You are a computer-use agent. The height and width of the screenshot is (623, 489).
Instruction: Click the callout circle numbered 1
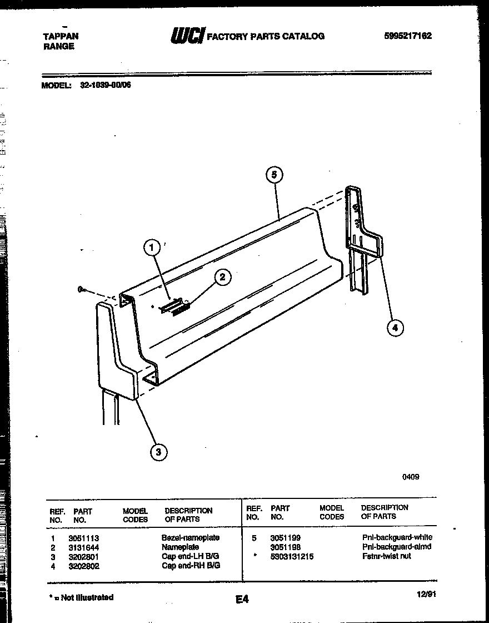point(151,248)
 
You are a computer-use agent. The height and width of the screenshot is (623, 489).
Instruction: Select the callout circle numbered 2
point(222,277)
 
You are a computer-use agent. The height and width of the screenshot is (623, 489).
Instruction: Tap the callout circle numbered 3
point(158,452)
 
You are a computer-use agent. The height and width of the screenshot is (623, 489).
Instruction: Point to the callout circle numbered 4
point(395,328)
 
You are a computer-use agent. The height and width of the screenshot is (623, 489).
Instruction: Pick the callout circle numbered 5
point(273,175)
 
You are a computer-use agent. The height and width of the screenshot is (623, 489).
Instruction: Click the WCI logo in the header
point(187,36)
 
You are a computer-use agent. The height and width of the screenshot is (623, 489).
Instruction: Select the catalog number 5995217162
point(407,36)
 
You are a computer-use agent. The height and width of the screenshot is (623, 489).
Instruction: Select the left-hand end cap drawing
point(117,356)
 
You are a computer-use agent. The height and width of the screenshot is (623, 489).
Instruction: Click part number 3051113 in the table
point(83,538)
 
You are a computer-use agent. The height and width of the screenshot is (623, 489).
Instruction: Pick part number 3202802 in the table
point(83,566)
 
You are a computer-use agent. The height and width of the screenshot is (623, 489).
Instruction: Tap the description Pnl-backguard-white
point(396,537)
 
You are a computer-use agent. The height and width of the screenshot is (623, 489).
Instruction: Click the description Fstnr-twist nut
point(386,556)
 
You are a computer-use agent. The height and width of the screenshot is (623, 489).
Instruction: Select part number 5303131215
point(292,556)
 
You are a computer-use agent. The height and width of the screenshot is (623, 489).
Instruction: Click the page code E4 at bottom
point(241,599)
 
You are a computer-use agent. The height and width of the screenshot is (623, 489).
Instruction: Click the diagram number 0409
point(411,477)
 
